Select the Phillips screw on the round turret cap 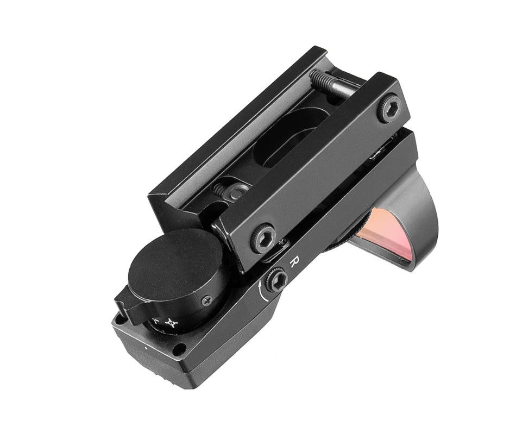(x=207, y=300)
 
